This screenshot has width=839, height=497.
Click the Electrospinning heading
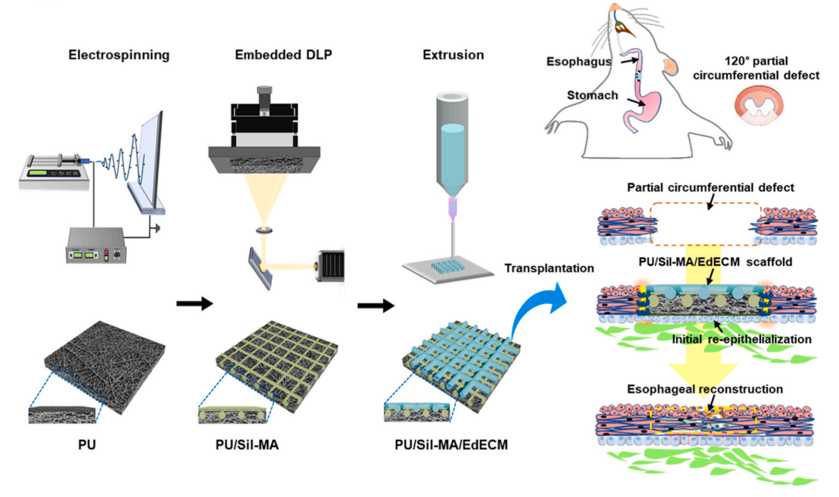119,55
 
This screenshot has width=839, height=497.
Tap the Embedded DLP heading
283,55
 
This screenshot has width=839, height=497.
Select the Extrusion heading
453,55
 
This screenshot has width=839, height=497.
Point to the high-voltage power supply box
95,245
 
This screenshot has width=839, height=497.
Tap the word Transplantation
549,268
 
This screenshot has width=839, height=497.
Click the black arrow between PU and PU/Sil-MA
194,304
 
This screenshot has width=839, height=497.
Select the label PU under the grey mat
87,445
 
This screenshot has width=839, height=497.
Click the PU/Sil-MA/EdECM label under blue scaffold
451,445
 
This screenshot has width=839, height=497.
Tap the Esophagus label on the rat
578,62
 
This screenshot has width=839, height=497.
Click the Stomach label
592,95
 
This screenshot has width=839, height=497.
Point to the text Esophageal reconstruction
705,389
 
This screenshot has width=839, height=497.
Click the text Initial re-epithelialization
741,339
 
